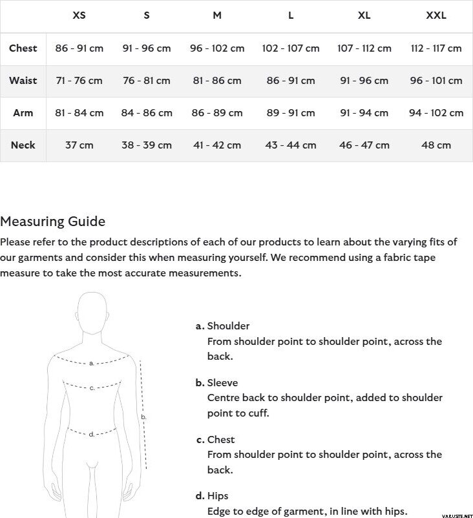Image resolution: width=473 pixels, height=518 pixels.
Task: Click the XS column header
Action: pyautogui.click(x=79, y=16)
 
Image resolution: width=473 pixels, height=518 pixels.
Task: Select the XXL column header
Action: pyautogui.click(x=436, y=16)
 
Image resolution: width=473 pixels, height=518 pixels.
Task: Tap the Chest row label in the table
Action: pyautogui.click(x=23, y=48)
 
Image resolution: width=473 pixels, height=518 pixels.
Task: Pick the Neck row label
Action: pyautogui.click(x=23, y=145)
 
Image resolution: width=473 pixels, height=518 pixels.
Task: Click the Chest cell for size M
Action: pyautogui.click(x=217, y=48)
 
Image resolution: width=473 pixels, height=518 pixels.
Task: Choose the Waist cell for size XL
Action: pyautogui.click(x=364, y=81)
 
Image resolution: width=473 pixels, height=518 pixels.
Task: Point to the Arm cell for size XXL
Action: pyautogui.click(x=436, y=113)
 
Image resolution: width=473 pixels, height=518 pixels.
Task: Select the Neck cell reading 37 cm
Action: pyautogui.click(x=79, y=145)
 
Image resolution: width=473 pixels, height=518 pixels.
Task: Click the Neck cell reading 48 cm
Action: pyautogui.click(x=436, y=145)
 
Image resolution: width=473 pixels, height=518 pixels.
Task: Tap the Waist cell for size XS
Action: pyautogui.click(x=79, y=81)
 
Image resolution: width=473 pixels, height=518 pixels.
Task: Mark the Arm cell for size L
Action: pyautogui.click(x=291, y=113)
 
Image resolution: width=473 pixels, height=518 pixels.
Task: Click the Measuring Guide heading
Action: pyautogui.click(x=52, y=222)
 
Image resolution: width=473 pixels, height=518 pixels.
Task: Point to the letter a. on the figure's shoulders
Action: pyautogui.click(x=92, y=363)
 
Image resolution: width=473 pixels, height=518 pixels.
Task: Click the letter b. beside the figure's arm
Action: pyautogui.click(x=144, y=417)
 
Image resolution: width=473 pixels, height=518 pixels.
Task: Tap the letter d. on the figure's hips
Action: pyautogui.click(x=92, y=434)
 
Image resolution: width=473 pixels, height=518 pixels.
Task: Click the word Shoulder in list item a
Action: pyautogui.click(x=228, y=326)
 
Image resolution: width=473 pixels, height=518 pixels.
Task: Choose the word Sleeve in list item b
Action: pyautogui.click(x=222, y=383)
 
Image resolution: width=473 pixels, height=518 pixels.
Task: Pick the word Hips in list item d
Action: pyautogui.click(x=218, y=496)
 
